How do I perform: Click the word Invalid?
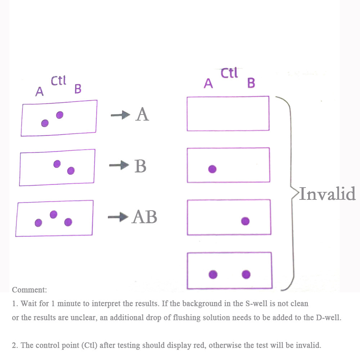(x=327, y=194)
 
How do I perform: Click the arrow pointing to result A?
(x=121, y=115)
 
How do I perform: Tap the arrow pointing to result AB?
(x=118, y=217)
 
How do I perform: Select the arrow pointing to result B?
(x=119, y=165)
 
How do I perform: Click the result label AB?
(x=144, y=217)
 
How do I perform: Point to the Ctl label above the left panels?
(x=58, y=81)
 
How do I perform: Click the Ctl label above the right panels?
(x=229, y=73)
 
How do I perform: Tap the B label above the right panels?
(x=251, y=83)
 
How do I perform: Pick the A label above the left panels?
(x=39, y=91)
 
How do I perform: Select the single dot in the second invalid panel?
(x=212, y=169)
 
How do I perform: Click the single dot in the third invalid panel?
(x=245, y=221)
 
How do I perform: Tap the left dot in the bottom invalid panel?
(x=213, y=274)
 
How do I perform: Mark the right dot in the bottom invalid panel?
(x=246, y=274)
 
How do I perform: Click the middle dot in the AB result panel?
(x=54, y=215)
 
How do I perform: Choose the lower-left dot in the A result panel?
(x=45, y=123)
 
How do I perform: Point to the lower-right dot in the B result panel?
(x=71, y=171)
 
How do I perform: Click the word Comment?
(x=30, y=290)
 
